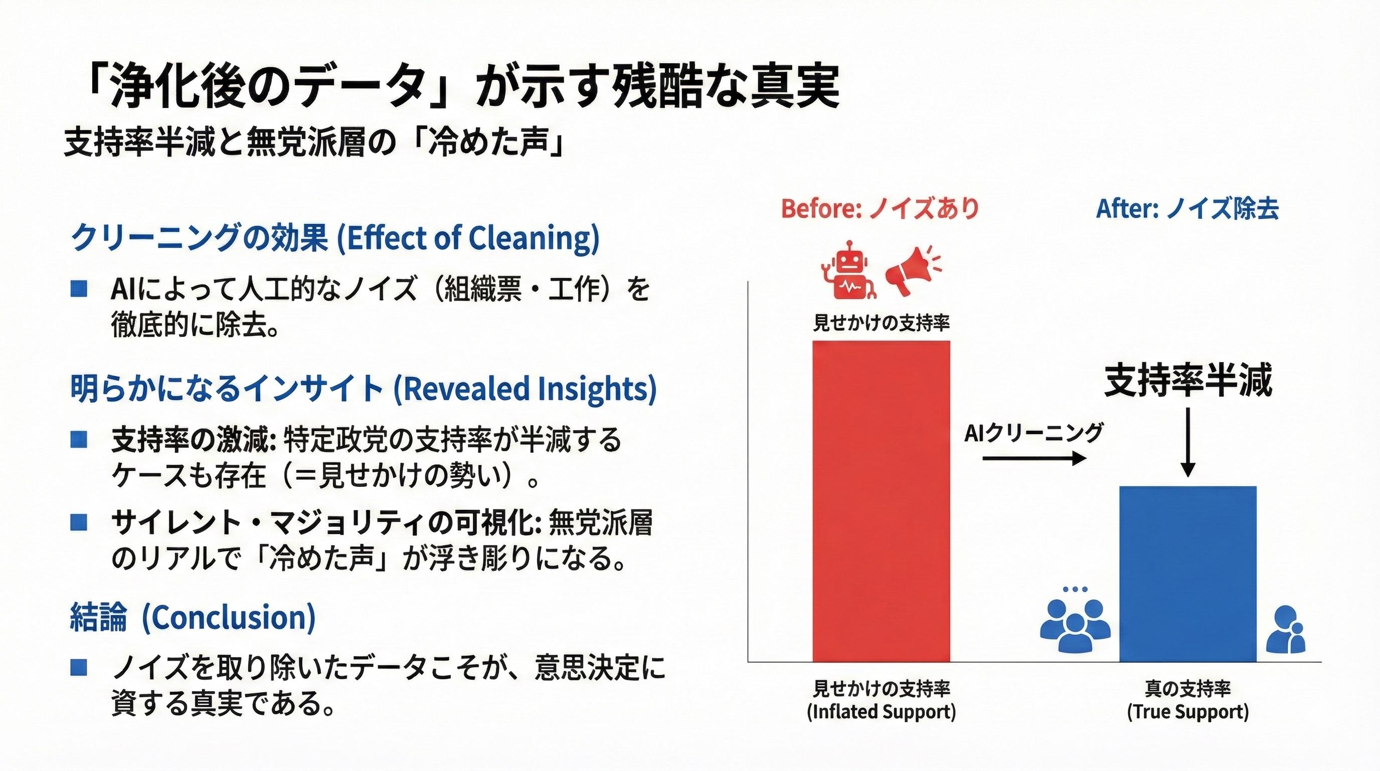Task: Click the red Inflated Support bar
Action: click(881, 501)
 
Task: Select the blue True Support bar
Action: click(1187, 574)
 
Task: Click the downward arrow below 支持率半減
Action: click(1188, 442)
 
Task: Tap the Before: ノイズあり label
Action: click(880, 209)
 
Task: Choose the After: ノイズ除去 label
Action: click(1187, 209)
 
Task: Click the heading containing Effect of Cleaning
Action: click(335, 237)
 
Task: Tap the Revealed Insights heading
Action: click(363, 388)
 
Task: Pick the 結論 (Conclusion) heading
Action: click(193, 617)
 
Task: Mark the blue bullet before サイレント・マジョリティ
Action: click(78, 522)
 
